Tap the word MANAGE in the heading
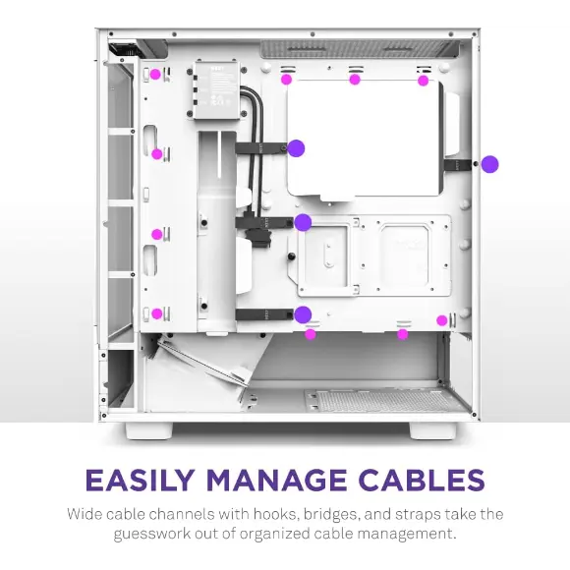click(x=276, y=480)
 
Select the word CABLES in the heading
click(x=422, y=480)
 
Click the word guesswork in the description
click(x=152, y=534)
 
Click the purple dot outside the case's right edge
click(x=489, y=164)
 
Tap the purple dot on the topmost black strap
click(x=296, y=148)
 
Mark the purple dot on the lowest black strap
click(x=303, y=314)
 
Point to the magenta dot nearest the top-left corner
click(x=155, y=75)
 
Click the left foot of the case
click(x=149, y=430)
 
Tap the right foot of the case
click(x=432, y=430)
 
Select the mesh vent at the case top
click(x=360, y=49)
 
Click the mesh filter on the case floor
click(x=381, y=400)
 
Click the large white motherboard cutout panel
click(x=364, y=139)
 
